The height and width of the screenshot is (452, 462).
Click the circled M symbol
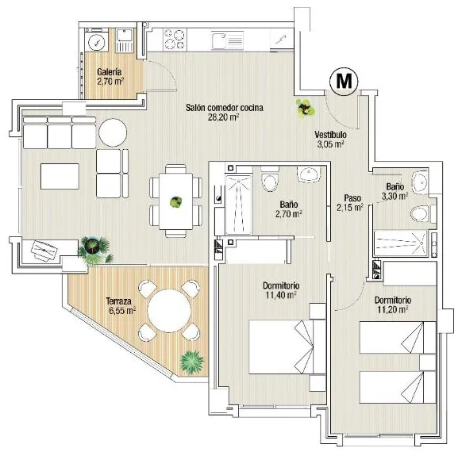point(344,81)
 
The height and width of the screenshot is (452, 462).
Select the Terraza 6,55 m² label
point(121,306)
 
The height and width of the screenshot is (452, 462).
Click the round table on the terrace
point(169,311)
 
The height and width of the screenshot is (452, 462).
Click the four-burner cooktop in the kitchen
point(175,40)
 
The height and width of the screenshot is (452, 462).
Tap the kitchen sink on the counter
point(227,40)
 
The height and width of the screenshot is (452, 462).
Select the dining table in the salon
point(176,201)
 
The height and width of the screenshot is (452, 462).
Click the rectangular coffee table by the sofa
point(60,176)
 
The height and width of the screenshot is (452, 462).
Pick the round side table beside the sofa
point(113,132)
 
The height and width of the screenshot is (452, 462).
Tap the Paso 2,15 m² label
point(350,203)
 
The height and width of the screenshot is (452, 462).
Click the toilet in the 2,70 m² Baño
point(270,179)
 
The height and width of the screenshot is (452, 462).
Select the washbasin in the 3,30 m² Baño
point(419,182)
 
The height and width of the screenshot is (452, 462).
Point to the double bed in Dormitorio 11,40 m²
point(287,347)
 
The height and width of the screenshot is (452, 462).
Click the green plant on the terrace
point(192,362)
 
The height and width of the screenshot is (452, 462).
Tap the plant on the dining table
point(176,202)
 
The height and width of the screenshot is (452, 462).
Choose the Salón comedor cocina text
point(224,108)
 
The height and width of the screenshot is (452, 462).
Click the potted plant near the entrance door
point(306,109)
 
